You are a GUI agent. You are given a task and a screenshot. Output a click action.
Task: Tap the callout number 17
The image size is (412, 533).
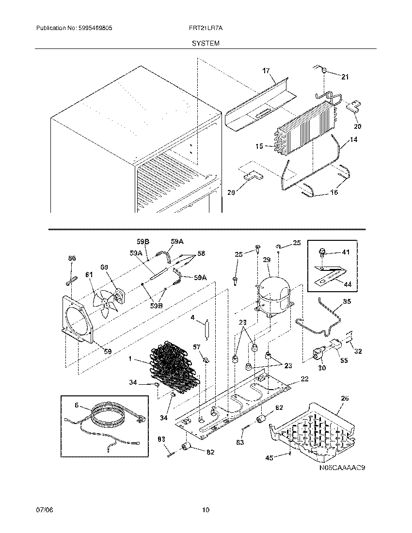[266, 71]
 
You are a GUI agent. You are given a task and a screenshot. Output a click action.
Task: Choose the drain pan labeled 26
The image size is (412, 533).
[315, 429]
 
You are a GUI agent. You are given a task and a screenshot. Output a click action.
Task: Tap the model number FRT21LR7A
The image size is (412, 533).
[205, 29]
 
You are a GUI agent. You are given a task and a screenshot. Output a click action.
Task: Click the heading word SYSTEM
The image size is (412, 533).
[206, 43]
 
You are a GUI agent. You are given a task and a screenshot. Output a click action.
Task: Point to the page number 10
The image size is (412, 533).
[206, 510]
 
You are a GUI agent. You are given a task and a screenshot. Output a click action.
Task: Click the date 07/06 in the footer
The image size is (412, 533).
[43, 510]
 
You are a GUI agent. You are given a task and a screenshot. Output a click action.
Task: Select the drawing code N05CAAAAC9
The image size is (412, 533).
[342, 468]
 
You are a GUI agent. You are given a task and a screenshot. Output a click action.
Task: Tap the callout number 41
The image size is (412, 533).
[345, 252]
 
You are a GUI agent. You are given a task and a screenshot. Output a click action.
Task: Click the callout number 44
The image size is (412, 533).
[348, 284]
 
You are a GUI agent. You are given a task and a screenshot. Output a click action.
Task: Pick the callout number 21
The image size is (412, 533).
[345, 77]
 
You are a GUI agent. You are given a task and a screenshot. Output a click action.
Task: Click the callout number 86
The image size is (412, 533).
[72, 259]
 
